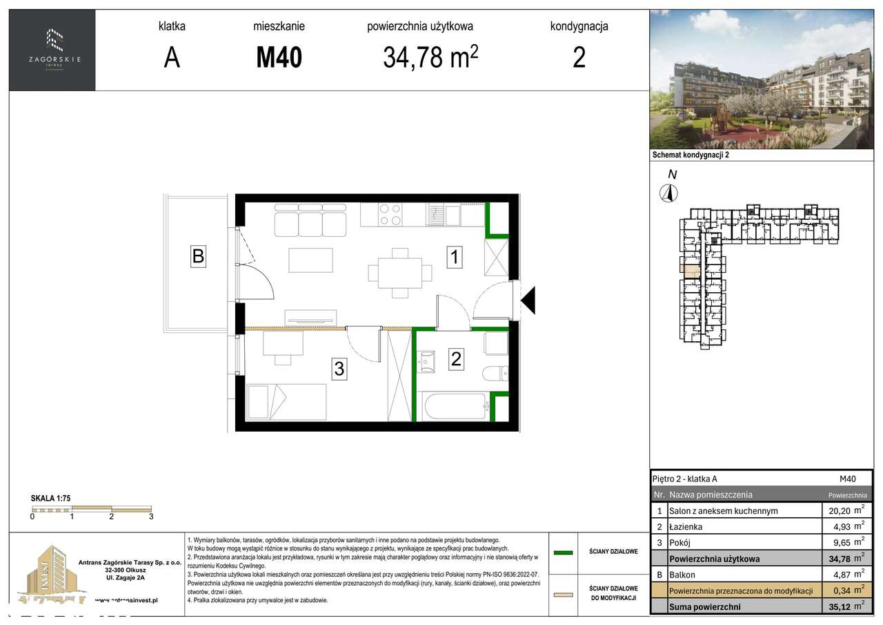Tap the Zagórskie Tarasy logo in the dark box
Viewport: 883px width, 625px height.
pos(52,48)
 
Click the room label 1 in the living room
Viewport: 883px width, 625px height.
pos(454,258)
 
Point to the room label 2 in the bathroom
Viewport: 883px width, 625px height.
pos(456,358)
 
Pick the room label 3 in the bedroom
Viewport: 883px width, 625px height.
pos(339,369)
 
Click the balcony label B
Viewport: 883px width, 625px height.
pos(198,256)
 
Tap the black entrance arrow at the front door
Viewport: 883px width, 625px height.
pos(528,301)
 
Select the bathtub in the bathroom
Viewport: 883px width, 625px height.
pos(455,407)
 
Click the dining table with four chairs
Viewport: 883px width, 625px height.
pos(395,272)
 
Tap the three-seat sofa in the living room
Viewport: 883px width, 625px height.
pos(310,220)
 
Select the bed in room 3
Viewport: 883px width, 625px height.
pos(286,401)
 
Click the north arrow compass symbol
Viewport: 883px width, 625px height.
pos(668,193)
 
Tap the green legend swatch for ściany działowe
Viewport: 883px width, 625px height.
pos(564,552)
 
